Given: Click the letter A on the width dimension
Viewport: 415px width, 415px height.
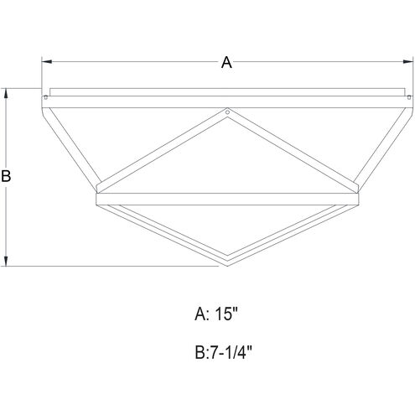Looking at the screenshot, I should point(225,62).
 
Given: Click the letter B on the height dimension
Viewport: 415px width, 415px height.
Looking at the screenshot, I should point(7,177).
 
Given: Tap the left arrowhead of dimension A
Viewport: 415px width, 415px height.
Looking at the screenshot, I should point(45,62).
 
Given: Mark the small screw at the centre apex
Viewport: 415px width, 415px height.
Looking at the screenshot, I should point(226,111).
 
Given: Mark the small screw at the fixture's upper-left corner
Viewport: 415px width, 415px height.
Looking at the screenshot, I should point(45,99).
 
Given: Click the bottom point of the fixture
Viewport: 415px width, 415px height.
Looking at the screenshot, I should point(226,267).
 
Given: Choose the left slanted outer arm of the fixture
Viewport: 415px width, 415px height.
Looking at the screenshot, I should point(71,143).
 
